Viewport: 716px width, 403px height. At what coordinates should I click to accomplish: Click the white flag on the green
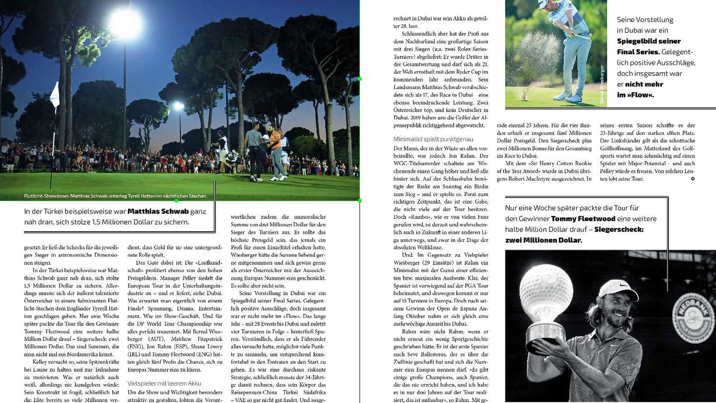[54, 95]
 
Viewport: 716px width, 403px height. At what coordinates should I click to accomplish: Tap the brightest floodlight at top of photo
[125, 23]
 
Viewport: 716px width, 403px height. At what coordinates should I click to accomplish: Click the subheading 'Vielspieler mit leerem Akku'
[157, 383]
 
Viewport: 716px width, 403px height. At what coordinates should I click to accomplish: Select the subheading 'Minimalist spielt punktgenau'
[433, 139]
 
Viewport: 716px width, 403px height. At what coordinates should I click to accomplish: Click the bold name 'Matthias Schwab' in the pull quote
[158, 211]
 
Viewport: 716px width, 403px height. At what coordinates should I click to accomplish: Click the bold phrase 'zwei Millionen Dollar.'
[543, 240]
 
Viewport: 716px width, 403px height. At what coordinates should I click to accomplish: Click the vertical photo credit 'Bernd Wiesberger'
[602, 85]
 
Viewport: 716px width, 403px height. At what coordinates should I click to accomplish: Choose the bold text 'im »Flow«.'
[635, 95]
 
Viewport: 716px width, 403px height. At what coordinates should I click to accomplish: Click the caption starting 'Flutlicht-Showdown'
[116, 196]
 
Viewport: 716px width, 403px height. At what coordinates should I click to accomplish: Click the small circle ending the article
[692, 178]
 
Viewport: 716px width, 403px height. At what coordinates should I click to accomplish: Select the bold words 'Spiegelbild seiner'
[648, 41]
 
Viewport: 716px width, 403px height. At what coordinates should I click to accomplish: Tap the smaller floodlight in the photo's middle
[178, 106]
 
